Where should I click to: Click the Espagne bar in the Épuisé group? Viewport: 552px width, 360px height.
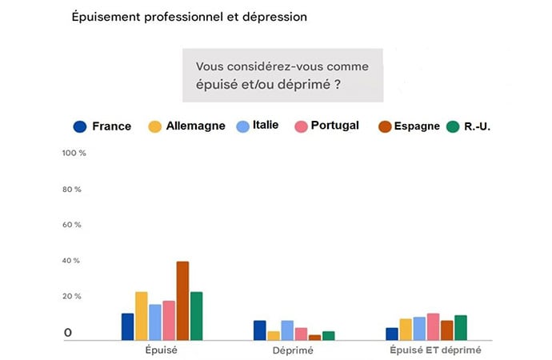point(182,301)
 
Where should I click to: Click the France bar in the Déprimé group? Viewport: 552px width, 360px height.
point(259,330)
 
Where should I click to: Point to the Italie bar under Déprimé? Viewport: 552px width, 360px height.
point(287,330)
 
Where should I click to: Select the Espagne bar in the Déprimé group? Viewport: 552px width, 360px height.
point(314,338)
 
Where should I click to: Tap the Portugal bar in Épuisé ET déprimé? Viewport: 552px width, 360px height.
point(433,326)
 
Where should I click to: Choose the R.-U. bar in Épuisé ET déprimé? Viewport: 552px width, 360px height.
point(460,328)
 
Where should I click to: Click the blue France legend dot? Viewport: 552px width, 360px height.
point(79,126)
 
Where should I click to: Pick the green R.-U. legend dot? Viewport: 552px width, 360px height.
point(453,126)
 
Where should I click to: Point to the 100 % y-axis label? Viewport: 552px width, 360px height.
point(74,153)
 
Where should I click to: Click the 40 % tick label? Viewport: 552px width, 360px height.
point(72,261)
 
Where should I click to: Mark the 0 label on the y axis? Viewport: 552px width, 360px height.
point(69,332)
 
